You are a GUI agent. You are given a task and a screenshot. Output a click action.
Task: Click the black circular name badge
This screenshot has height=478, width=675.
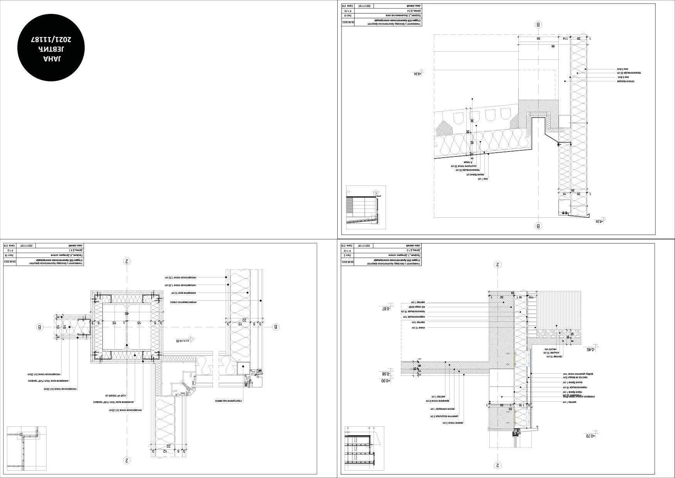[x=51, y=47]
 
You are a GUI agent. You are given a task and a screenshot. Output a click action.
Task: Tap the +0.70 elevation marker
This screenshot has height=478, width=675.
[x=590, y=436]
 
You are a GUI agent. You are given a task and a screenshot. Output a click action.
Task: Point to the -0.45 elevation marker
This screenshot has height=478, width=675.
[x=590, y=349]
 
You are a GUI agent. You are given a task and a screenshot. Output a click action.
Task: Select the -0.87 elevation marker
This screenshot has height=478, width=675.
[x=386, y=308]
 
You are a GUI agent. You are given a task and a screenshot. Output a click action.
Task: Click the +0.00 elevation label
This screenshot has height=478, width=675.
[x=385, y=381]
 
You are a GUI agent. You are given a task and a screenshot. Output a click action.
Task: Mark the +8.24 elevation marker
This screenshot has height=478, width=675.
[x=599, y=222]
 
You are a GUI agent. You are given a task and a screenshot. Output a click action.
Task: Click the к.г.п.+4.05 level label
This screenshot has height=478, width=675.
[x=183, y=341]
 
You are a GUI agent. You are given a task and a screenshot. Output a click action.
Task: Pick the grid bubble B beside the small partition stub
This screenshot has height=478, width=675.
[x=39, y=327]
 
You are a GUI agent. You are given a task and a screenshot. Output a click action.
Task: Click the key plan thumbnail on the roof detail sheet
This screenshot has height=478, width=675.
[x=365, y=207]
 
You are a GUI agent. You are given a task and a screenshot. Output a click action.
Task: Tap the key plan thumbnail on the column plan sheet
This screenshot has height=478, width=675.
[x=27, y=448]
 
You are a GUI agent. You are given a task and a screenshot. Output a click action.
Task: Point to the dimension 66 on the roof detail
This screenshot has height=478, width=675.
[x=553, y=46]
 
